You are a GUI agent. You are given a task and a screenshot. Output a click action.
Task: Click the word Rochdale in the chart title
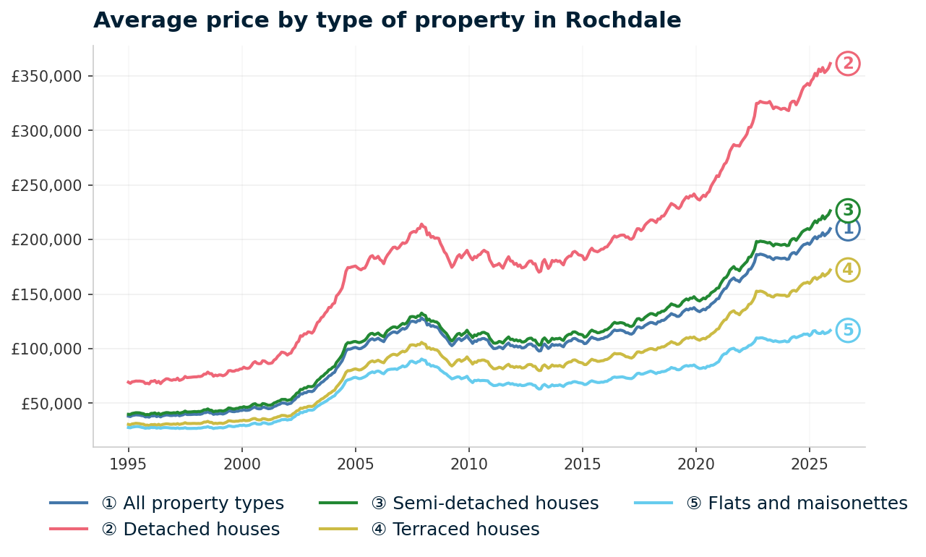click(x=622, y=20)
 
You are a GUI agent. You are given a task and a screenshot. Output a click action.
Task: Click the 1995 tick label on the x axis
click(x=129, y=463)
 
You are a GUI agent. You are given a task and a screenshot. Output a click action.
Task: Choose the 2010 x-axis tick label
click(x=468, y=463)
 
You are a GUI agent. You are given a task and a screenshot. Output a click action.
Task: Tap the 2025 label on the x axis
click(x=809, y=463)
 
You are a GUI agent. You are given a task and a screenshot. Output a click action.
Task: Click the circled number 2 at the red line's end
click(x=848, y=64)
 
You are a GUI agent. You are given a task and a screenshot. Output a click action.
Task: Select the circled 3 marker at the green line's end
click(x=848, y=211)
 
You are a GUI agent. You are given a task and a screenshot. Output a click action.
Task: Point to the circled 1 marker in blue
click(x=848, y=229)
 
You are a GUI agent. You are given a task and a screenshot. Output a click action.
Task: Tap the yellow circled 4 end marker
click(x=848, y=270)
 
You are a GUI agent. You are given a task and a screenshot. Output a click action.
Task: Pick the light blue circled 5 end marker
click(x=848, y=331)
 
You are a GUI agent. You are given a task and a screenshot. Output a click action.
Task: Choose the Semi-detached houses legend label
click(x=484, y=503)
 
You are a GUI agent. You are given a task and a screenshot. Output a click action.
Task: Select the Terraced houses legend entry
click(x=455, y=530)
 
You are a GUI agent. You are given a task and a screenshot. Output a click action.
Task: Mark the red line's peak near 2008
click(x=421, y=224)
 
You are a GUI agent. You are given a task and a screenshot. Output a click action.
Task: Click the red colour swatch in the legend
click(x=69, y=530)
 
